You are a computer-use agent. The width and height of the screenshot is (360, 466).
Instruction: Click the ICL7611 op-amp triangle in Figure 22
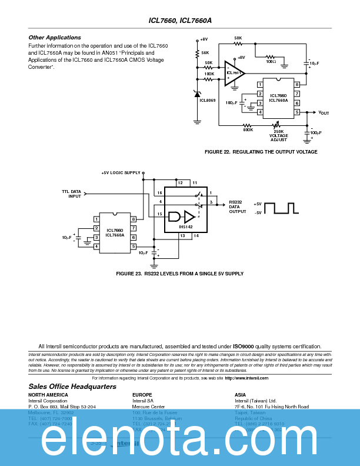tap(233, 73)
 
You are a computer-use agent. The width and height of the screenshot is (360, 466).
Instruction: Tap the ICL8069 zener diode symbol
tap(197, 93)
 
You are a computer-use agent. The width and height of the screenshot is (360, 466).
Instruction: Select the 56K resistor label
tap(205, 52)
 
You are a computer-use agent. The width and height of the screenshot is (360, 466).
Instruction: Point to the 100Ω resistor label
tap(271, 61)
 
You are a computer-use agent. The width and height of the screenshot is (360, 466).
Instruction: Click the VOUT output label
tap(324, 112)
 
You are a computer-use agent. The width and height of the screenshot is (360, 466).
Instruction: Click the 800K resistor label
tap(248, 129)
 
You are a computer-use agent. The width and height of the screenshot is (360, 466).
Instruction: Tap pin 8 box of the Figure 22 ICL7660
tap(297, 85)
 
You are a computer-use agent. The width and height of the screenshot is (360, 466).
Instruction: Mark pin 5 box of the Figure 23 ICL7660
tap(134, 246)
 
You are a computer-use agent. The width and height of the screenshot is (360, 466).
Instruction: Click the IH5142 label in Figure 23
tap(186, 227)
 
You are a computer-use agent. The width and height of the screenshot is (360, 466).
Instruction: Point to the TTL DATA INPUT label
tap(71, 194)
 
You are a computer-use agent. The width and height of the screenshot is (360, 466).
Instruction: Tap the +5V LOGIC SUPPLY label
tap(121, 173)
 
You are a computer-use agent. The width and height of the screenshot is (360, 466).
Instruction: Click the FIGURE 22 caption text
tap(261, 152)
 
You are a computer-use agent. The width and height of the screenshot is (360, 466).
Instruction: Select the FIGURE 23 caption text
tap(179, 274)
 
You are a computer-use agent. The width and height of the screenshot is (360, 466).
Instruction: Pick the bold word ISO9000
tap(244, 347)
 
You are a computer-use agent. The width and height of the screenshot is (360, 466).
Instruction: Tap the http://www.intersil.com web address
tap(246, 378)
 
